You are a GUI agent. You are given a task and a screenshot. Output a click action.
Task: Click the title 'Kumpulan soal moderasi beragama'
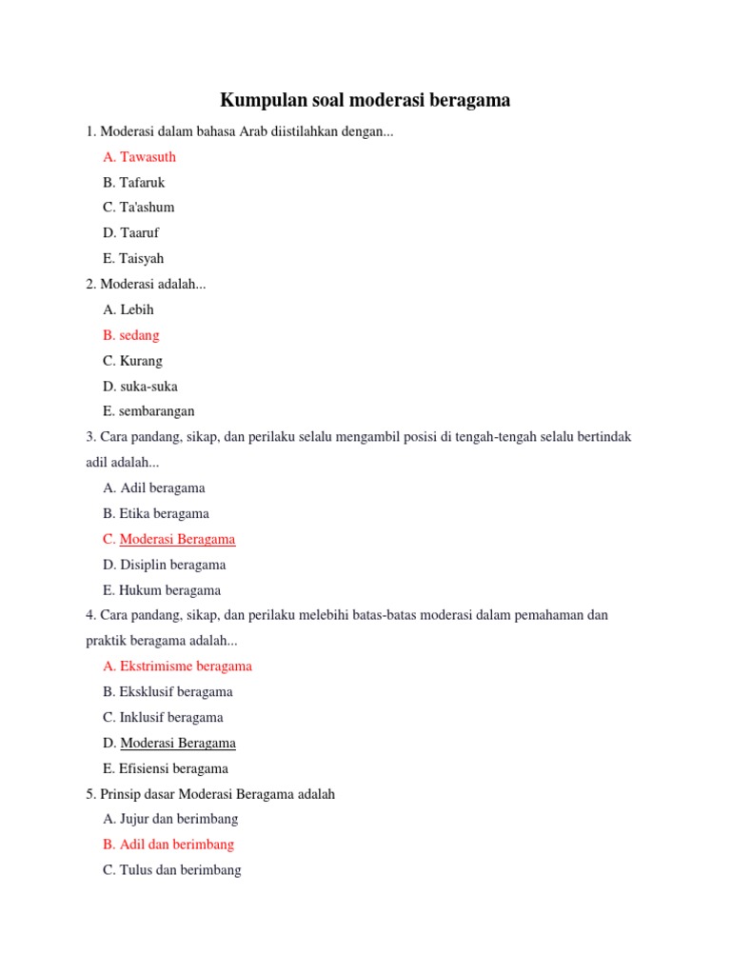pyautogui.click(x=365, y=100)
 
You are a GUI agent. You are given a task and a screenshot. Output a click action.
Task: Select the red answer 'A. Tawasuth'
pyautogui.click(x=139, y=157)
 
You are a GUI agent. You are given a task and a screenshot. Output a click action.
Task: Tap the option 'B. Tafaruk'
pyautogui.click(x=134, y=182)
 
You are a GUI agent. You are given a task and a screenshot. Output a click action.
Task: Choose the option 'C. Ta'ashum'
pyautogui.click(x=139, y=208)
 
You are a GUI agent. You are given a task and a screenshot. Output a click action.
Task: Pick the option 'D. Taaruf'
pyautogui.click(x=131, y=233)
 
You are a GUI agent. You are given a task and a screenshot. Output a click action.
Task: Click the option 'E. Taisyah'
pyautogui.click(x=133, y=258)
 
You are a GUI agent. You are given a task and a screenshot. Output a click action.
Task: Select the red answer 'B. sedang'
pyautogui.click(x=131, y=335)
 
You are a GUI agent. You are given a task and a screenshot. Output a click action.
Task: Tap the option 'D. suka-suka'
pyautogui.click(x=140, y=387)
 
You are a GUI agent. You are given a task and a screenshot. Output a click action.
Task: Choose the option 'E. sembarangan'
pyautogui.click(x=148, y=411)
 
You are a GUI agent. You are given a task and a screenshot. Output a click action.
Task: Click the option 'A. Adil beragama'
pyautogui.click(x=154, y=487)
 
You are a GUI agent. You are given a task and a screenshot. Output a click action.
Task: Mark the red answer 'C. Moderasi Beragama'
pyautogui.click(x=169, y=539)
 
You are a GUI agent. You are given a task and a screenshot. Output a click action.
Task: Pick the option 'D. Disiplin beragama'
pyautogui.click(x=164, y=565)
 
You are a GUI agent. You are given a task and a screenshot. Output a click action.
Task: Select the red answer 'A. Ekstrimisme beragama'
pyautogui.click(x=178, y=667)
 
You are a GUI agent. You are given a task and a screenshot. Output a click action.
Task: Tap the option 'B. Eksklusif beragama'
pyautogui.click(x=168, y=692)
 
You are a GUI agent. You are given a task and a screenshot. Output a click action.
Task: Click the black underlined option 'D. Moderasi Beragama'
pyautogui.click(x=169, y=743)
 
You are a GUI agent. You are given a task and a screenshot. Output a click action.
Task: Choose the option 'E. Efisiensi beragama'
pyautogui.click(x=166, y=768)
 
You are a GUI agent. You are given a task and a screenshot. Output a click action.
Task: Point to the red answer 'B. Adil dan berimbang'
pyautogui.click(x=168, y=845)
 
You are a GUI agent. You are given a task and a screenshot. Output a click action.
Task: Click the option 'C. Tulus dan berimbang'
pyautogui.click(x=172, y=869)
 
